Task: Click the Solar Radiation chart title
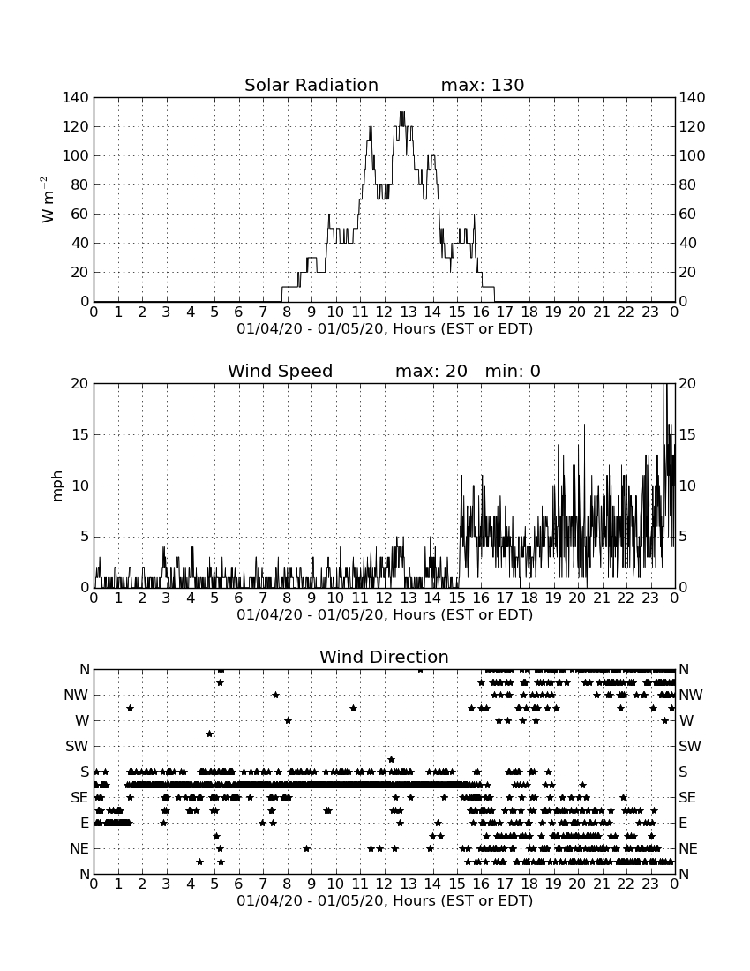[311, 85]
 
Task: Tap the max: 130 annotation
[483, 85]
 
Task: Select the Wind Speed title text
[281, 371]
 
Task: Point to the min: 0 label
[513, 371]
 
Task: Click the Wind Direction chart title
[384, 657]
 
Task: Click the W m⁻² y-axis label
[48, 199]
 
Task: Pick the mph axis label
[57, 486]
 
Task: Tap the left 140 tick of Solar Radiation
[76, 97]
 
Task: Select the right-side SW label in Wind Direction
[690, 746]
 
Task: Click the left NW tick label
[76, 696]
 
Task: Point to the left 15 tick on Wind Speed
[80, 434]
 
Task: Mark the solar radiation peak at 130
[401, 113]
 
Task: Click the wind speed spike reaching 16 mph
[584, 425]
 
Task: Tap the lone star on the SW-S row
[391, 759]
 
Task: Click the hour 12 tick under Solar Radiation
[385, 312]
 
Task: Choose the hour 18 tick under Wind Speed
[529, 598]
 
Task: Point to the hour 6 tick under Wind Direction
[239, 884]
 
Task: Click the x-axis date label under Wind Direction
[385, 900]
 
